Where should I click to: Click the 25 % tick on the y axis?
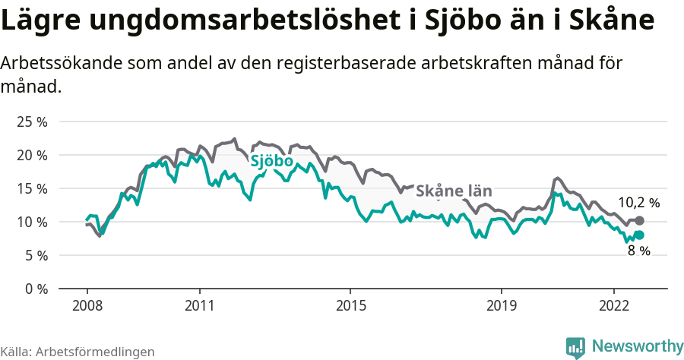coord(32,122)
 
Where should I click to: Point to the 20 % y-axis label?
coord(32,155)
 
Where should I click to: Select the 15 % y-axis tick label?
coord(32,188)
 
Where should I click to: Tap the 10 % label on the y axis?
coord(32,222)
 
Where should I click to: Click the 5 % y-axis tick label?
coord(35,255)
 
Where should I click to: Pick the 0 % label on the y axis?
coord(35,289)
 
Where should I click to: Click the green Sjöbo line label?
coord(272,161)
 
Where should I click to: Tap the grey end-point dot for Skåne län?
coord(639,220)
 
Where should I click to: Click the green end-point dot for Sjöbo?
coord(639,235)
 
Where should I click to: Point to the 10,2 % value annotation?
coord(638,203)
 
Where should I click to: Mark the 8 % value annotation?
coord(638,251)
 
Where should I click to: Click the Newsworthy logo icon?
coord(575,347)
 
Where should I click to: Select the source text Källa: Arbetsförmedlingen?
coord(78,352)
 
